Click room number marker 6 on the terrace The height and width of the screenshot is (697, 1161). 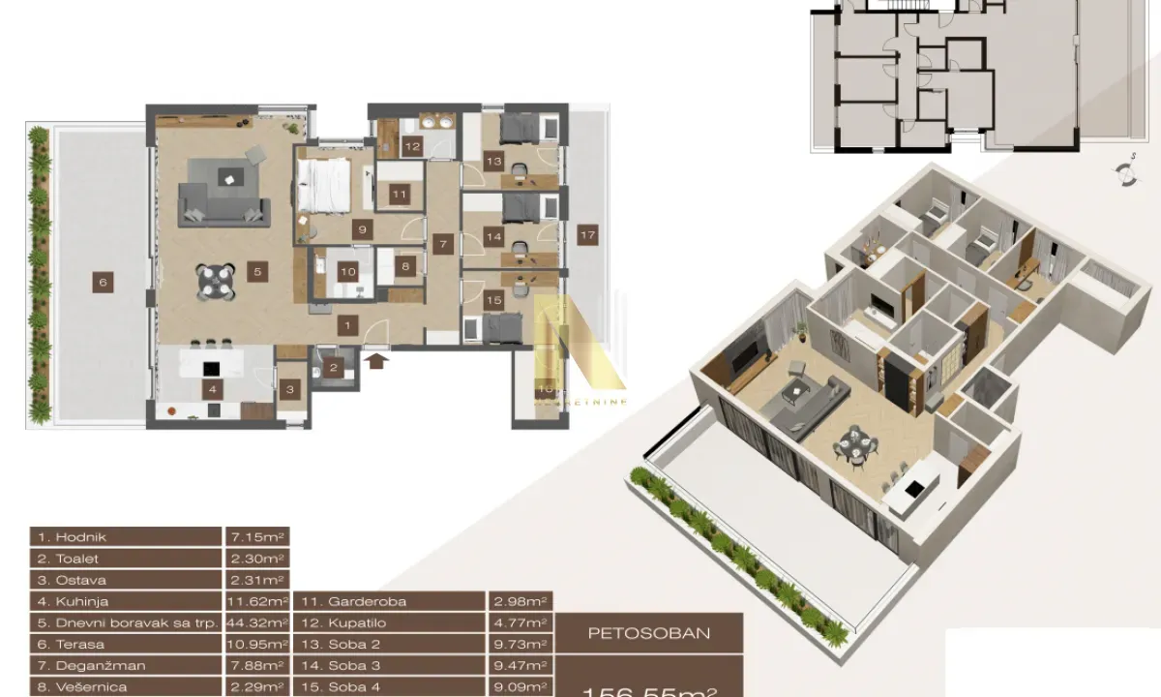coord(102,283)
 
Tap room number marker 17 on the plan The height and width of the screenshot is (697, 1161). coord(585,233)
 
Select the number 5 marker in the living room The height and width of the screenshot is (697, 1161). coord(256,271)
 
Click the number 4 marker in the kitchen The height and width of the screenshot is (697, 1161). coord(212,391)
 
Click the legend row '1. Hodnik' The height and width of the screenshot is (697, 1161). coord(126,537)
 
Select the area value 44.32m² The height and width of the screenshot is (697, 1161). coord(257,622)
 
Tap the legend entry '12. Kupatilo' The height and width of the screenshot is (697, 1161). coord(387,622)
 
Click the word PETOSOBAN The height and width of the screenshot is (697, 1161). coord(650,634)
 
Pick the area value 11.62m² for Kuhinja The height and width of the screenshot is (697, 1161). coord(257,601)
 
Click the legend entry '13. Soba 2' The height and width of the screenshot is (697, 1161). coord(387,644)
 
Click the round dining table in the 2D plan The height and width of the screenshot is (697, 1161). coord(216,282)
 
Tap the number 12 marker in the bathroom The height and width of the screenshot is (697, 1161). coord(413,148)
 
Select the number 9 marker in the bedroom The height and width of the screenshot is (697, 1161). coord(362,230)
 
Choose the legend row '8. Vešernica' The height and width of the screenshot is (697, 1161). coord(126,686)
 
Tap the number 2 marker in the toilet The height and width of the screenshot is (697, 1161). coord(332,367)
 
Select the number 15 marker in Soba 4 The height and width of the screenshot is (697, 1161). coord(493,301)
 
